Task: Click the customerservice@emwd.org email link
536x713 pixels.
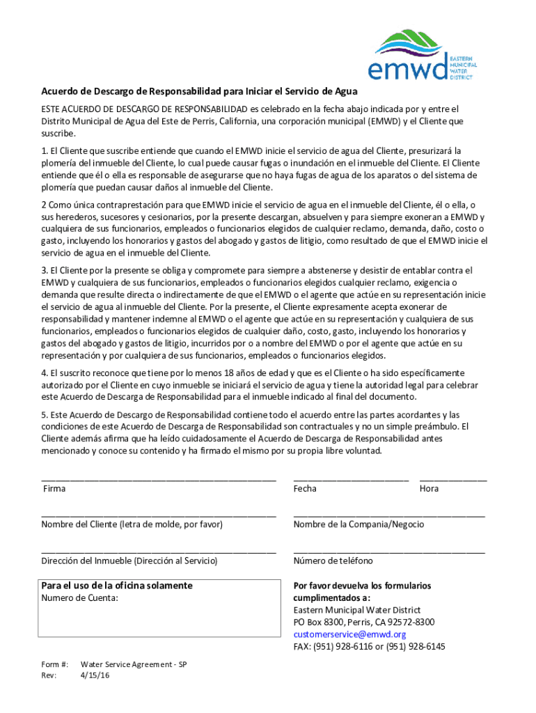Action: click(349, 634)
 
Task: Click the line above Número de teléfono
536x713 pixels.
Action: click(389, 551)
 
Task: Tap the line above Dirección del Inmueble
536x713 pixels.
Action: click(159, 551)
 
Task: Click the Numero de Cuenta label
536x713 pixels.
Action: click(79, 597)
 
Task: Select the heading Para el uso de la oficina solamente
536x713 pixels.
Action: click(116, 586)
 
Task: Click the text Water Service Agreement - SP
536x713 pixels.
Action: click(134, 664)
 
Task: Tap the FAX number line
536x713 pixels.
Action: click(369, 646)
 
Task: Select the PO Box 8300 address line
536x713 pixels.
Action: click(363, 622)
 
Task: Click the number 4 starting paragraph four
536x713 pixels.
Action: click(44, 373)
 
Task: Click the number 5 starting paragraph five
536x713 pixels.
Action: click(44, 415)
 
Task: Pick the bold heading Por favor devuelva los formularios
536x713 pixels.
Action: click(362, 586)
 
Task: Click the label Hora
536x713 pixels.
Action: click(429, 489)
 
